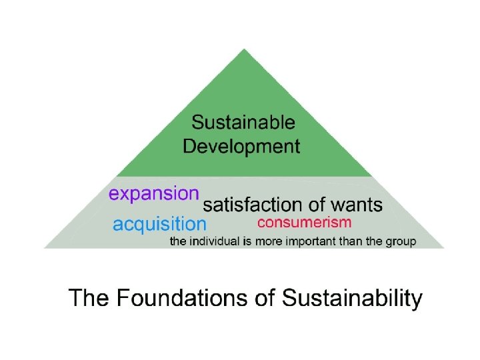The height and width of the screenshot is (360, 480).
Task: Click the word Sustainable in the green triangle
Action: tap(243, 123)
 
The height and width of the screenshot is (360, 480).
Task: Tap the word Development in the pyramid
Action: tap(241, 146)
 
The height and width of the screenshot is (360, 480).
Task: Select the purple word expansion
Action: tap(154, 193)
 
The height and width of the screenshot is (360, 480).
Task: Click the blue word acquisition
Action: tap(159, 224)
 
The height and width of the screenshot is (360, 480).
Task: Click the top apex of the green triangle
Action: tap(244, 49)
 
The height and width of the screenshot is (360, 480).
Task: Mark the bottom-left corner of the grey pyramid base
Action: tap(45, 247)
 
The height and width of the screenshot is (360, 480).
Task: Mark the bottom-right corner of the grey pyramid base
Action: tap(443, 247)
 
